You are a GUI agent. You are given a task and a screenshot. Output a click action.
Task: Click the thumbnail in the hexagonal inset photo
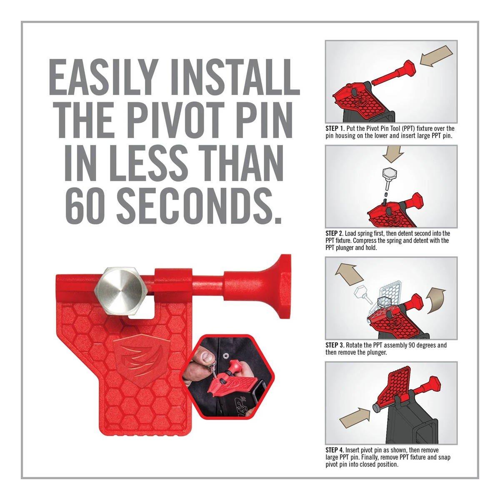click(207, 357)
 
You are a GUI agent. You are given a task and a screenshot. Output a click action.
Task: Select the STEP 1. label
click(335, 128)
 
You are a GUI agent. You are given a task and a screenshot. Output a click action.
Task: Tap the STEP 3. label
click(335, 345)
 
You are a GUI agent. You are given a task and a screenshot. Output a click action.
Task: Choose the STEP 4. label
click(335, 450)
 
